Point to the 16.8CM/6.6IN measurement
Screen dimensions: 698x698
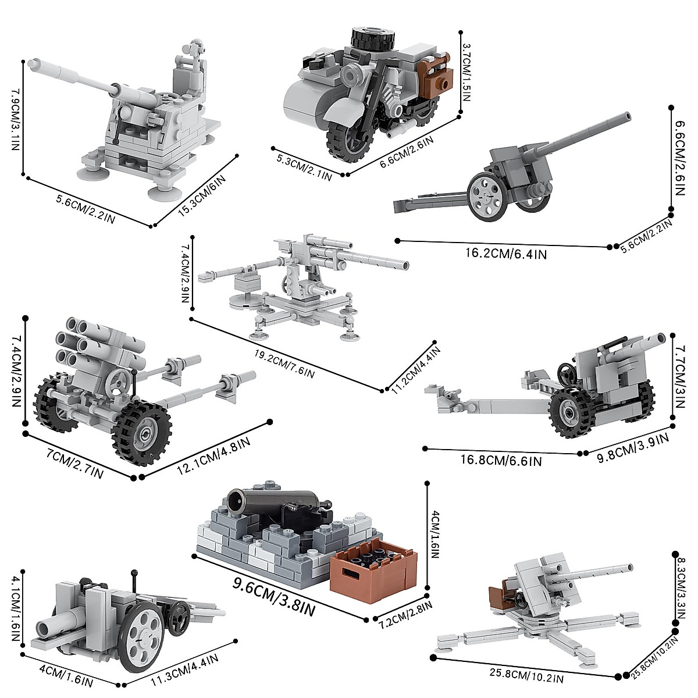[501, 460]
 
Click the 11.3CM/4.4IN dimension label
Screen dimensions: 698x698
[181, 669]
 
